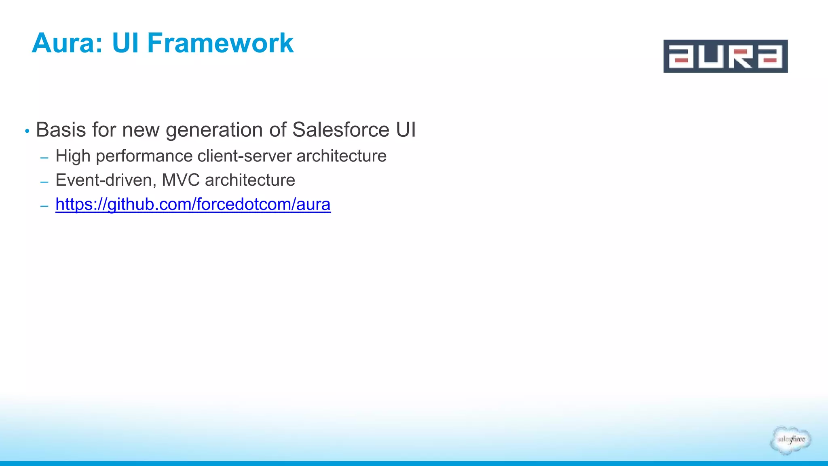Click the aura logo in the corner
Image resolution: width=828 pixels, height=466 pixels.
pyautogui.click(x=725, y=56)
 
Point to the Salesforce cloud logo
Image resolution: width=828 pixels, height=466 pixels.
pyautogui.click(x=790, y=440)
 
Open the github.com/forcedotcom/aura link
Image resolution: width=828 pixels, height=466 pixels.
pyautogui.click(x=193, y=204)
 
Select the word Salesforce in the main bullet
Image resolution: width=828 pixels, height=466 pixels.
pyautogui.click(x=340, y=130)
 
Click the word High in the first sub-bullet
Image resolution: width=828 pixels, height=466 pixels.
pyautogui.click(x=73, y=156)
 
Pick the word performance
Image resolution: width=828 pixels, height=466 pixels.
pyautogui.click(x=144, y=157)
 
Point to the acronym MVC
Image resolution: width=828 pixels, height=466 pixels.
pyautogui.click(x=181, y=180)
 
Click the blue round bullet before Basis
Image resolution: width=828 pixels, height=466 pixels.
pyautogui.click(x=27, y=131)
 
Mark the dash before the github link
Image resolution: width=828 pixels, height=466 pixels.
pyautogui.click(x=44, y=206)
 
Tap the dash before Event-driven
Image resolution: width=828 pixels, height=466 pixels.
pyautogui.click(x=44, y=182)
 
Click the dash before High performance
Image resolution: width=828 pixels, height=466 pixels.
pyautogui.click(x=44, y=157)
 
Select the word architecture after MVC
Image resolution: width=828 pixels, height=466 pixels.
pyautogui.click(x=250, y=180)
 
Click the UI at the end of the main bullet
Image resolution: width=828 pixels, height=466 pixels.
pyautogui.click(x=406, y=130)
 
